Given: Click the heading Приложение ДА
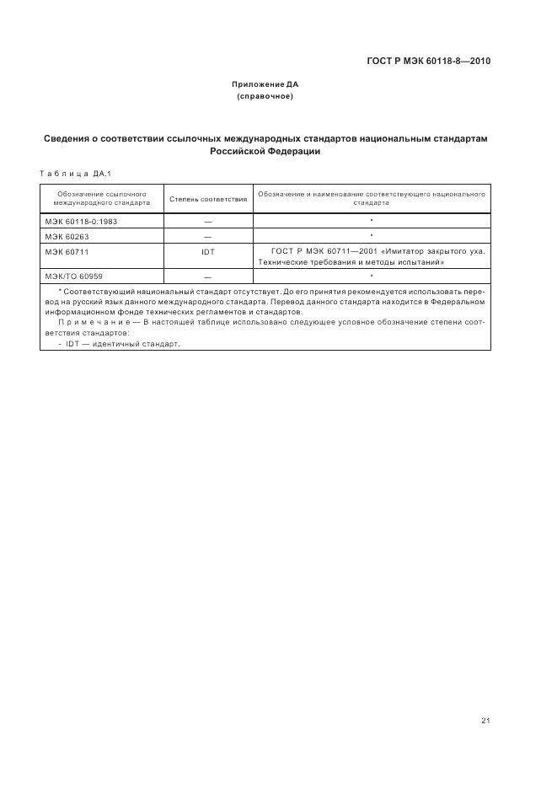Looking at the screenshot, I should [265, 85].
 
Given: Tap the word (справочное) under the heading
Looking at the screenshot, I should [265, 98].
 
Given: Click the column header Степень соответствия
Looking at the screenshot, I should [208, 199].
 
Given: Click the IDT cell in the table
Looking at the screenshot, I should [208, 252].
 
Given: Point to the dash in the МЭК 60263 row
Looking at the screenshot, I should [208, 237].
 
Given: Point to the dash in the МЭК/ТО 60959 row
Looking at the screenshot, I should [208, 277].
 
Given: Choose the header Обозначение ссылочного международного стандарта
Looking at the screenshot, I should [101, 199].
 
